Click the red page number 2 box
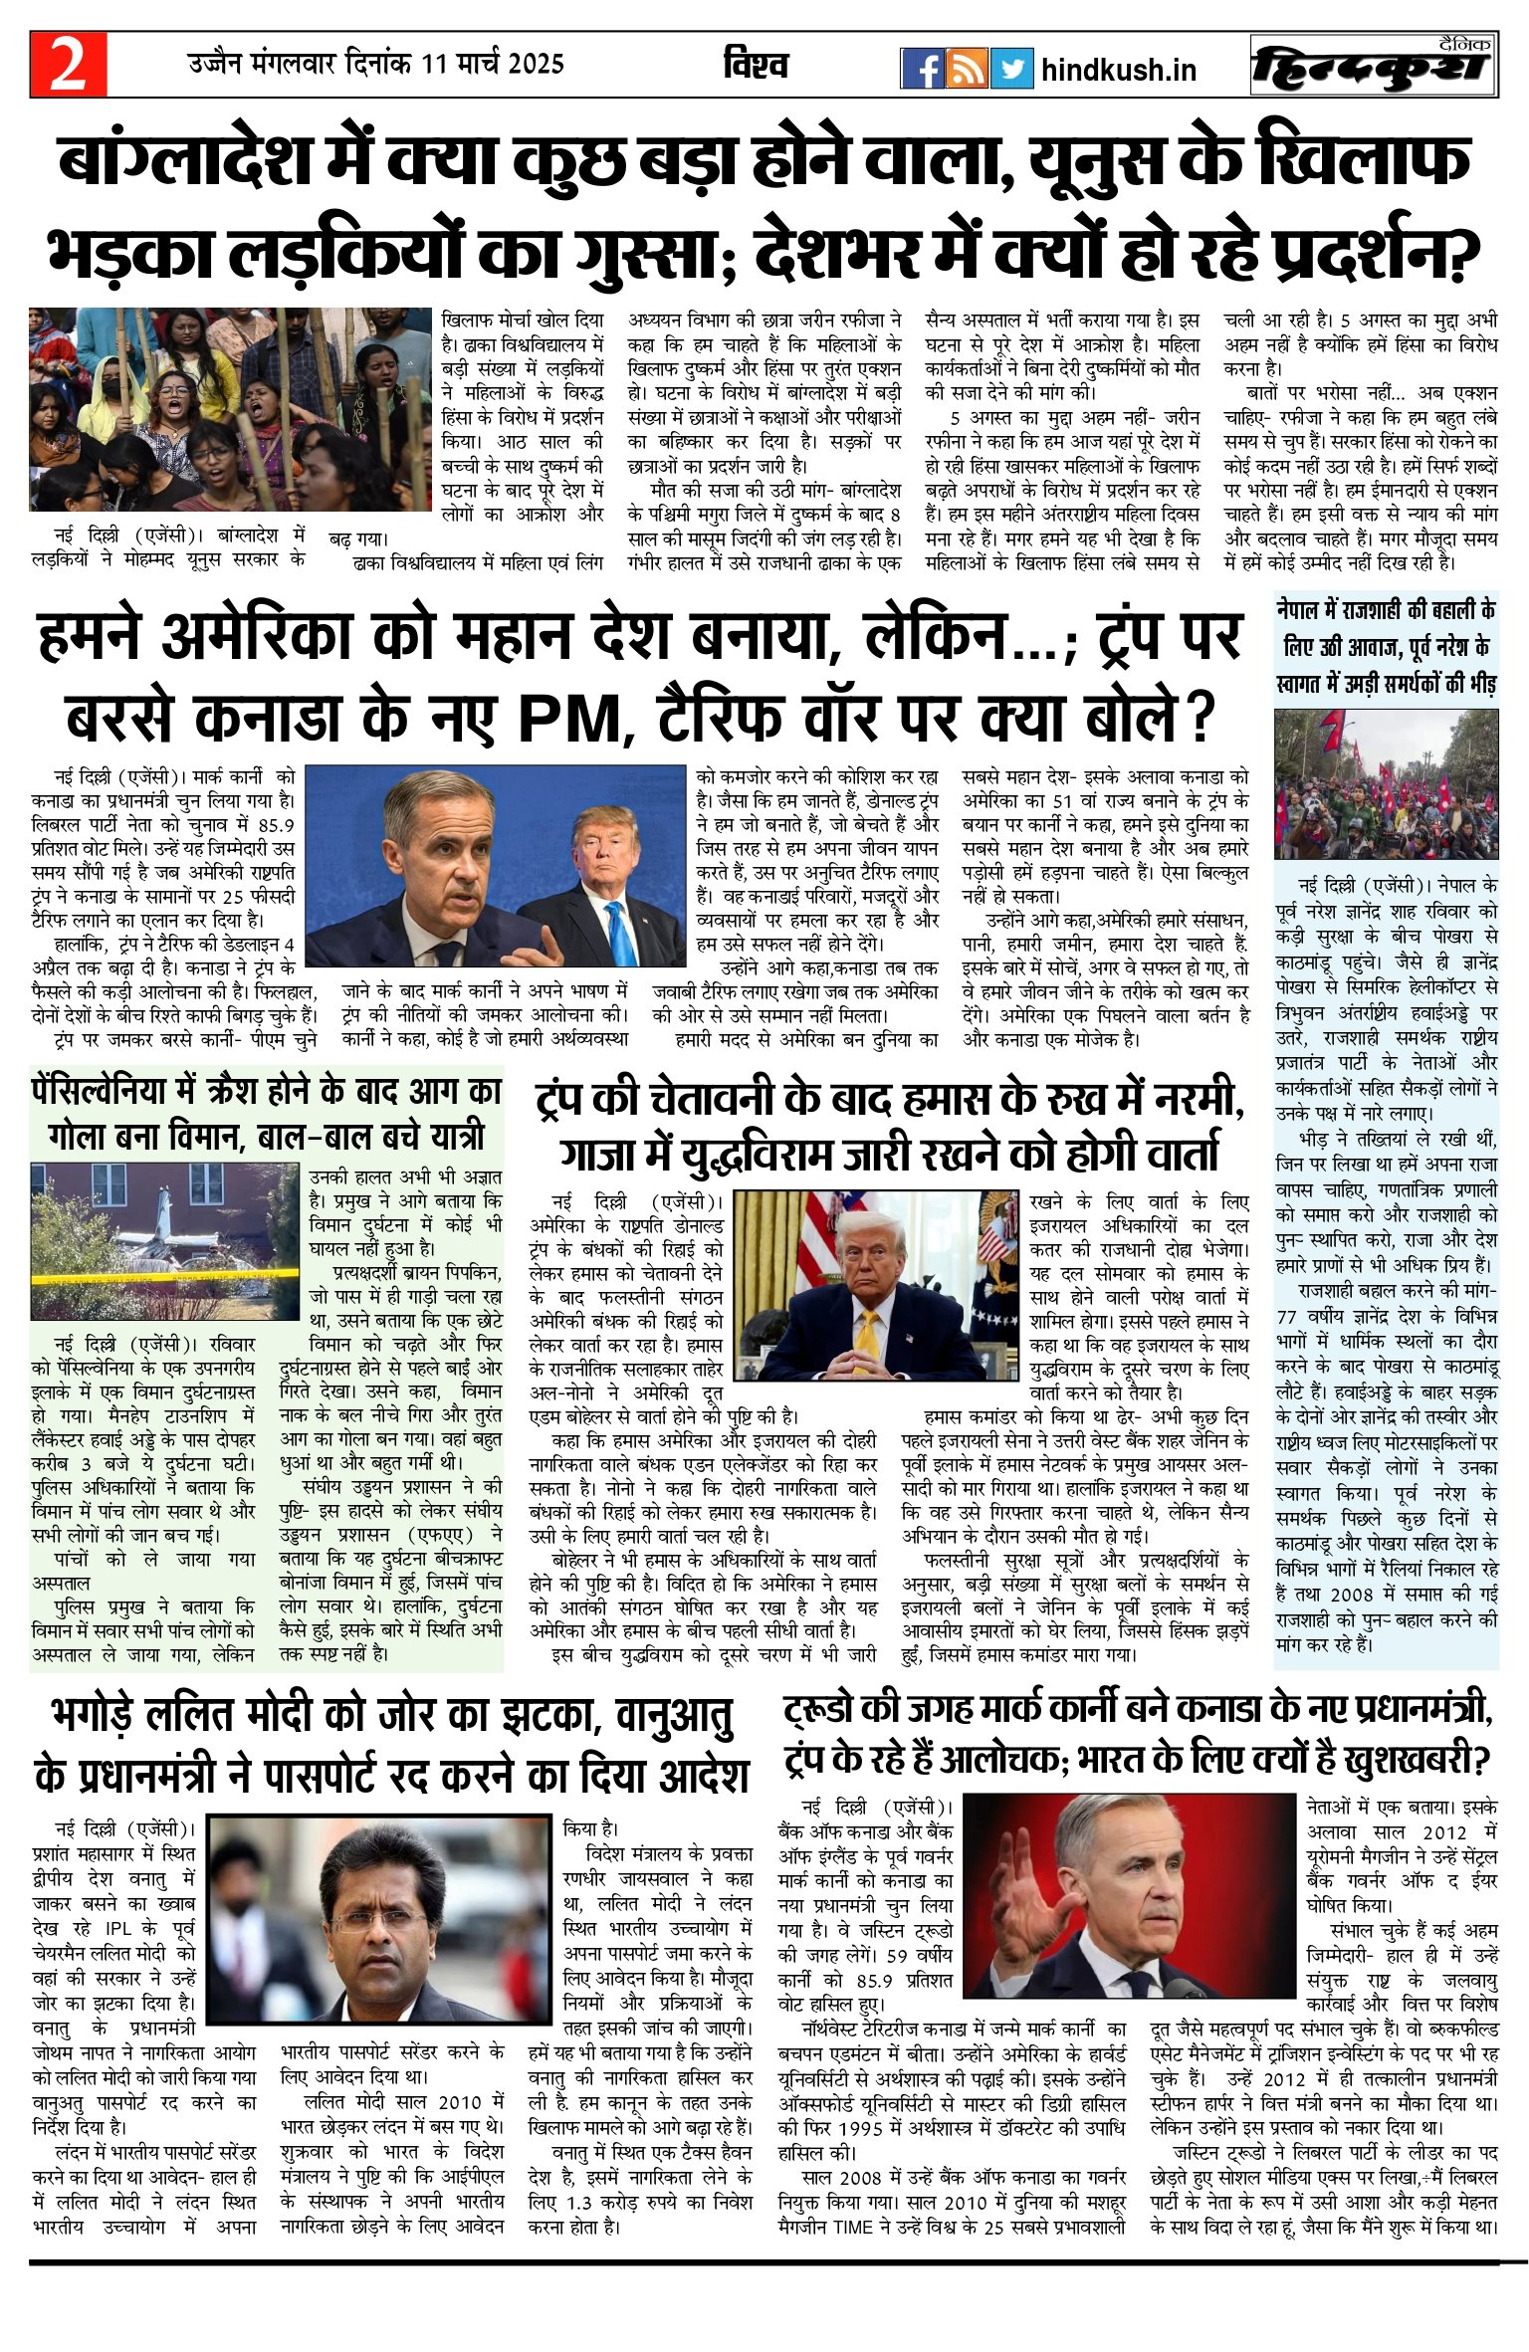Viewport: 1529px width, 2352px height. click(x=68, y=65)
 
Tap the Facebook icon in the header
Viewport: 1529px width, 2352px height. click(x=922, y=68)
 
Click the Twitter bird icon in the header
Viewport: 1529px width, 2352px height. click(x=1011, y=68)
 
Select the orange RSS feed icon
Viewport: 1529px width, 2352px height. click(x=967, y=68)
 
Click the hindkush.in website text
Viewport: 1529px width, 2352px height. click(x=1118, y=70)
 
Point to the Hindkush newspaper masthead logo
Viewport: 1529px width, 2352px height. click(x=1373, y=67)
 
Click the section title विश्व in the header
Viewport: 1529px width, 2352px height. click(x=756, y=65)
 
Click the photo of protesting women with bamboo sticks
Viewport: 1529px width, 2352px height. click(x=230, y=409)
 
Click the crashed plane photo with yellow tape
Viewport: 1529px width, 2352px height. click(x=164, y=1240)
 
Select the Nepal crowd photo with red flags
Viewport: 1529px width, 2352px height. click(x=1385, y=783)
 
